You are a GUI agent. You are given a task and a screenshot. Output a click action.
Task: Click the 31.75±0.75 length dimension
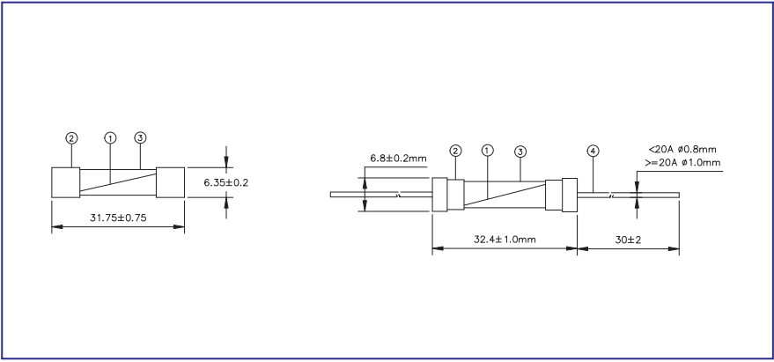click(117, 218)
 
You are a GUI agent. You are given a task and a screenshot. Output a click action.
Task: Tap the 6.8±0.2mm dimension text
click(398, 159)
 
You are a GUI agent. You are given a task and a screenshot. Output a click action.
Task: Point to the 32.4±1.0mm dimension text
click(505, 240)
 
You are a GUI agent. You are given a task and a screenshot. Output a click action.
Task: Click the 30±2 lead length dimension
click(629, 240)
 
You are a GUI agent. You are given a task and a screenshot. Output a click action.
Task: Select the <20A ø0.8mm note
click(683, 150)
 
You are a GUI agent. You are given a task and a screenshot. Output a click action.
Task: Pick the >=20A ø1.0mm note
click(682, 162)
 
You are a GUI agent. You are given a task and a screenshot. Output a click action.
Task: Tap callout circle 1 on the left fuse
click(110, 138)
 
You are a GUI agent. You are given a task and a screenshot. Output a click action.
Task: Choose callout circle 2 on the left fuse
click(71, 138)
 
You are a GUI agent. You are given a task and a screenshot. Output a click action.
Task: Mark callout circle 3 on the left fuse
click(140, 138)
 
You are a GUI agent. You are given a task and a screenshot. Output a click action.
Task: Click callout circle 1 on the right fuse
click(488, 151)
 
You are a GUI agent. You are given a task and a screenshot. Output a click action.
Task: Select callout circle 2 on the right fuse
click(455, 151)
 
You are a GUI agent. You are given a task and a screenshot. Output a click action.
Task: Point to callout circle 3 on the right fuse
click(520, 151)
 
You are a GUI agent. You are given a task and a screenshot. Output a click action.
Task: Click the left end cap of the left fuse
click(66, 182)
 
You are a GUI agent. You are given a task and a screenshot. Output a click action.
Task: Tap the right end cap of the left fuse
click(170, 182)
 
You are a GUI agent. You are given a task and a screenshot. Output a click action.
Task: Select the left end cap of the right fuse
click(448, 194)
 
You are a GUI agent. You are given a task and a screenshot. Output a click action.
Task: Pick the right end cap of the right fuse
click(559, 194)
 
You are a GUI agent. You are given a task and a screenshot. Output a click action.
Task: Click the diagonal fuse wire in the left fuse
click(118, 182)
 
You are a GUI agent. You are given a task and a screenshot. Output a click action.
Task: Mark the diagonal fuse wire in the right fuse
click(504, 195)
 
